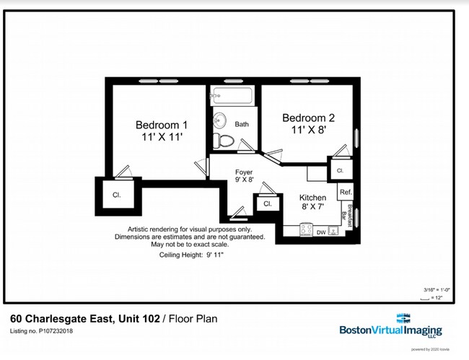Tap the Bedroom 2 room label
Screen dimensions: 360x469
[x=308, y=118]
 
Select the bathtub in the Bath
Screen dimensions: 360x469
[x=231, y=96]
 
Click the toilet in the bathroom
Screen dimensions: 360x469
[x=225, y=141]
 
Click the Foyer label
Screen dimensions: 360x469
[x=244, y=172]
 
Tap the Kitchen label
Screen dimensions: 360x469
[x=312, y=197]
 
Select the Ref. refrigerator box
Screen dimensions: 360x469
[x=346, y=192]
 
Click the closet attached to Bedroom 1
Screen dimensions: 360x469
[x=116, y=195]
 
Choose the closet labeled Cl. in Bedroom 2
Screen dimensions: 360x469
[x=339, y=171]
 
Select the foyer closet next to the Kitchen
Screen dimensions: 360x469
[x=267, y=204]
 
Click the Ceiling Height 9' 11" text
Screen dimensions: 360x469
[x=190, y=255]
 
